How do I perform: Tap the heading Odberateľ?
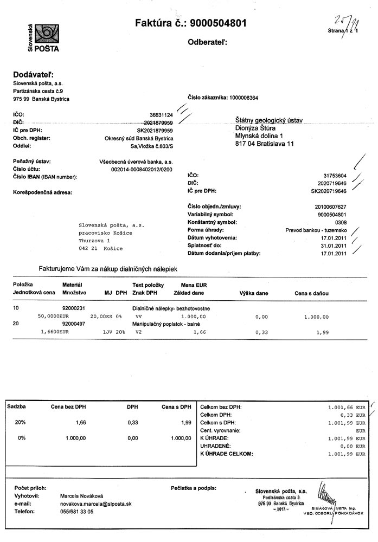coord(207,42)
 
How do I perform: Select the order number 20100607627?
coord(330,207)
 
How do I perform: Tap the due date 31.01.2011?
coord(334,245)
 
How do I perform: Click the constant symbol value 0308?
coord(340,222)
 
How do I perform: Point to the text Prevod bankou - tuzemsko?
coord(316,230)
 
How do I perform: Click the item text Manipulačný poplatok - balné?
coord(167,323)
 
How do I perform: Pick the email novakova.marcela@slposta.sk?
coord(95,504)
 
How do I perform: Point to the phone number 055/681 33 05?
coord(76,511)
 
